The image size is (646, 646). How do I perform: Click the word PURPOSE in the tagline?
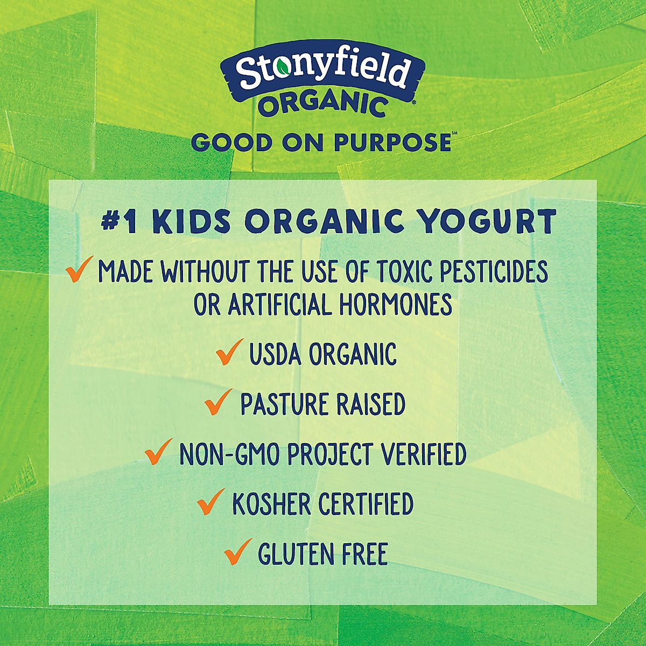pyautogui.click(x=392, y=143)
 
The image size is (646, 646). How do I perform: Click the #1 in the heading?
pyautogui.click(x=120, y=222)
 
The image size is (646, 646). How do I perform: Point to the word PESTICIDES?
pyautogui.click(x=494, y=272)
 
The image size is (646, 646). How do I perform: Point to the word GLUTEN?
pyautogui.click(x=293, y=554)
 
